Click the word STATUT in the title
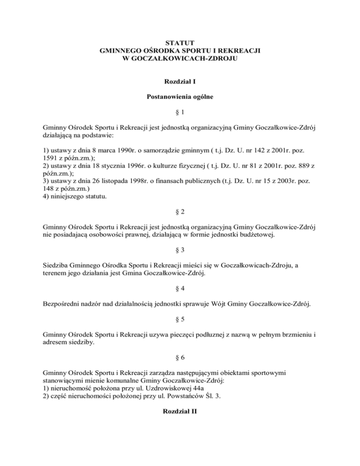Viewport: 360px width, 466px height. pos(180,43)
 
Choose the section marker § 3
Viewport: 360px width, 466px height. pos(180,250)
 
